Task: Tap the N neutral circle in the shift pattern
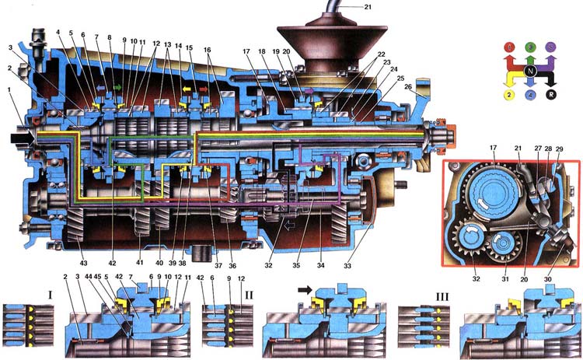tap(530, 71)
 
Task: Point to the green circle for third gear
tap(530, 47)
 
